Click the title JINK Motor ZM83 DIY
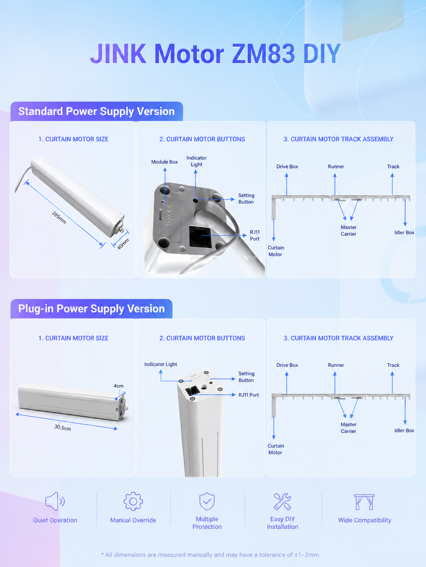tap(215, 54)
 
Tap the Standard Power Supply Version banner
tap(97, 111)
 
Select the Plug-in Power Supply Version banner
tap(91, 309)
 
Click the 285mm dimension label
tap(59, 218)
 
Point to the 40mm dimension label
tap(123, 244)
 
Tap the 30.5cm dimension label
tap(62, 427)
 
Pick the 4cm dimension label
tap(119, 386)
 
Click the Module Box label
tap(164, 162)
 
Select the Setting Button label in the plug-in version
tap(246, 377)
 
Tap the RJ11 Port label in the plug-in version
tap(248, 395)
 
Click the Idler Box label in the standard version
tap(404, 233)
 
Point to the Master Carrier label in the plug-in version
tap(348, 428)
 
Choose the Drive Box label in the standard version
tap(287, 167)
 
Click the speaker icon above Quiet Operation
tap(55, 501)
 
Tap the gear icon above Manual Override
tap(133, 501)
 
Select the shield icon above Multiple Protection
tap(207, 501)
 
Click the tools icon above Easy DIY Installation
tap(282, 501)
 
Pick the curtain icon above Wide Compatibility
tap(364, 502)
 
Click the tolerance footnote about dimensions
tap(211, 555)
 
